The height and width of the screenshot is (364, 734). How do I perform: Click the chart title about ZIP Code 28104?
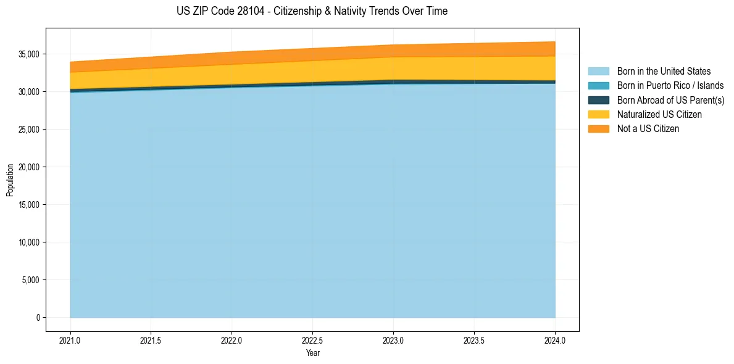pos(312,11)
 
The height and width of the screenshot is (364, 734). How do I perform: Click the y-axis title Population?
pos(10,180)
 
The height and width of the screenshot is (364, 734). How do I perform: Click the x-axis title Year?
pos(312,353)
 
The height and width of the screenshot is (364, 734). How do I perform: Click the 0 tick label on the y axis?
pos(38,318)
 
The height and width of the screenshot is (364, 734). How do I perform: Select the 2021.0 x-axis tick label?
pos(70,340)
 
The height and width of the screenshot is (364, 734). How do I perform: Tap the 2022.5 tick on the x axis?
pos(312,340)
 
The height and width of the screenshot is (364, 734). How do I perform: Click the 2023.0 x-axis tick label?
pos(393,340)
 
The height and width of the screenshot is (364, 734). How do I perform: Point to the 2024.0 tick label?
pos(555,340)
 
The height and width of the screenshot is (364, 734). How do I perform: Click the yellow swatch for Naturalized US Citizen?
pos(598,114)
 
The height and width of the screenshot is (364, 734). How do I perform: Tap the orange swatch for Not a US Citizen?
pos(598,128)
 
